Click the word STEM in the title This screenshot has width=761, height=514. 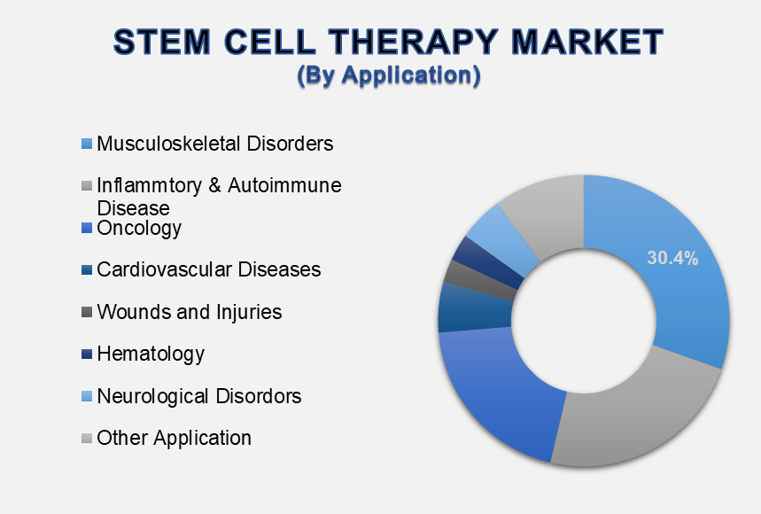pyautogui.click(x=162, y=42)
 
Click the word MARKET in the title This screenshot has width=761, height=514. pyautogui.click(x=587, y=42)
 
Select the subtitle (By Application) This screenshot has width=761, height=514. pyautogui.click(x=389, y=75)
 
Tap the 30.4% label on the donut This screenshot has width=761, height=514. pyautogui.click(x=672, y=258)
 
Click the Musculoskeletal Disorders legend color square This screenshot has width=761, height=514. pyautogui.click(x=87, y=144)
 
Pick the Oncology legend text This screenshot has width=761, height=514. pyautogui.click(x=139, y=228)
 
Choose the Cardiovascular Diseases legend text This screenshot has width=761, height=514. pyautogui.click(x=209, y=269)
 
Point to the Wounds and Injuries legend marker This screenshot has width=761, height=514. pyautogui.click(x=87, y=312)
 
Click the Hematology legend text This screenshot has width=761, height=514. pyautogui.click(x=151, y=354)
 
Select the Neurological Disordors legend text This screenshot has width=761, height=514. pyautogui.click(x=199, y=396)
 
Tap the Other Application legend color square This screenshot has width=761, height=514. pyautogui.click(x=87, y=439)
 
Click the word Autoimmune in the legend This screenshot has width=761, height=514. pyautogui.click(x=284, y=185)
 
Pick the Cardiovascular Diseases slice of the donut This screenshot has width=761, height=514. pyautogui.click(x=475, y=308)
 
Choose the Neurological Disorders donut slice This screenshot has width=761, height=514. pyautogui.click(x=505, y=237)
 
